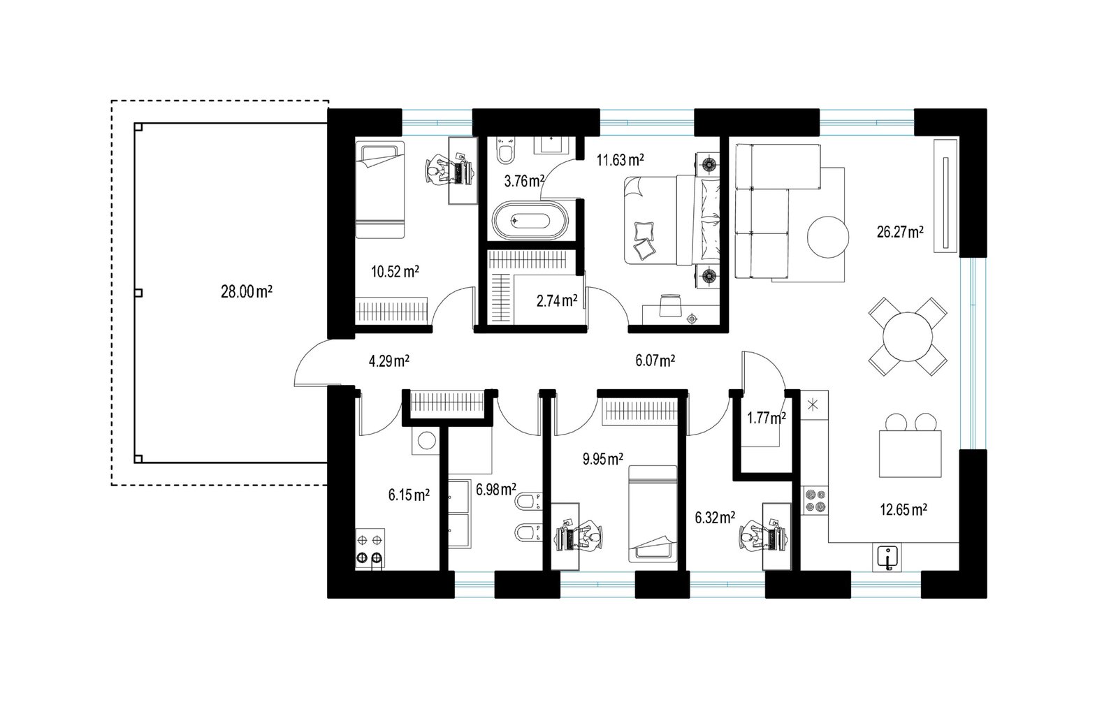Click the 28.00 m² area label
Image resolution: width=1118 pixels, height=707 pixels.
tap(247, 291)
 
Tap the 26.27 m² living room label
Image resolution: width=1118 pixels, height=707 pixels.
tap(900, 232)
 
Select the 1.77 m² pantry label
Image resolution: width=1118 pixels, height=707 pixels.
tap(767, 418)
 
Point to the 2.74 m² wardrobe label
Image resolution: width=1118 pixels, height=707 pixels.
tap(557, 300)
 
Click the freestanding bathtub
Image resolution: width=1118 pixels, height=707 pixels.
tap(530, 221)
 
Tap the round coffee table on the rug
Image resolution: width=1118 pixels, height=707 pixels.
tap(828, 237)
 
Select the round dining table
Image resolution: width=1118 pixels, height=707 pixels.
tap(908, 337)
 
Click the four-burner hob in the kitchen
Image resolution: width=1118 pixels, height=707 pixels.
tap(815, 501)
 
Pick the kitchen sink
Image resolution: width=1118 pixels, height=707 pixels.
tap(887, 557)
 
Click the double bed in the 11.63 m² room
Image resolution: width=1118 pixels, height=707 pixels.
tap(672, 219)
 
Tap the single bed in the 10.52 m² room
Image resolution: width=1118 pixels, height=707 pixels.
tap(380, 189)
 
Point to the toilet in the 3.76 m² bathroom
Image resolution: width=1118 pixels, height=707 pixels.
tap(506, 151)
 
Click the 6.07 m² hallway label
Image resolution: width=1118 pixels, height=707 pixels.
tap(655, 360)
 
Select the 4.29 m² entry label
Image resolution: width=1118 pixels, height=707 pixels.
tap(389, 360)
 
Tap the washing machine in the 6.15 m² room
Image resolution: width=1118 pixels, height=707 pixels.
tap(426, 441)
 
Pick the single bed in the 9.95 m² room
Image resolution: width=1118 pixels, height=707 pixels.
tap(653, 514)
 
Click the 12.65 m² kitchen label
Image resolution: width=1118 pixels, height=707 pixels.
tap(903, 509)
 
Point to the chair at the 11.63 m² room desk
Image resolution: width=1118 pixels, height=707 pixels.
tap(670, 305)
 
